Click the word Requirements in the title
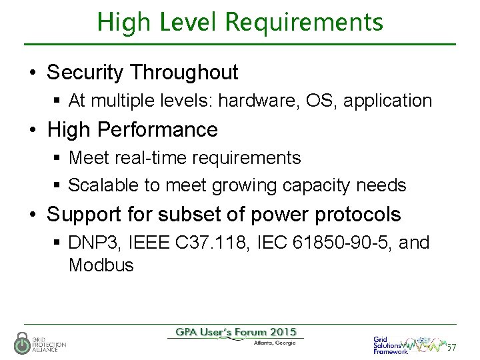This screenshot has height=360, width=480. click(x=304, y=22)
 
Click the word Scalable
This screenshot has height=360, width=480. click(x=100, y=185)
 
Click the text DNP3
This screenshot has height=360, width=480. click(x=89, y=243)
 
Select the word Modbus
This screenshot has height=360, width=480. click(x=101, y=265)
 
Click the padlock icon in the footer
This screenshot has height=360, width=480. click(x=22, y=342)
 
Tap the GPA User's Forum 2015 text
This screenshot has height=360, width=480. click(x=236, y=332)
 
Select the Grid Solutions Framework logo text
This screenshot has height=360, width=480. click(x=390, y=345)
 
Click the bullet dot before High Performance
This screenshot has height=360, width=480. click(x=33, y=130)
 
